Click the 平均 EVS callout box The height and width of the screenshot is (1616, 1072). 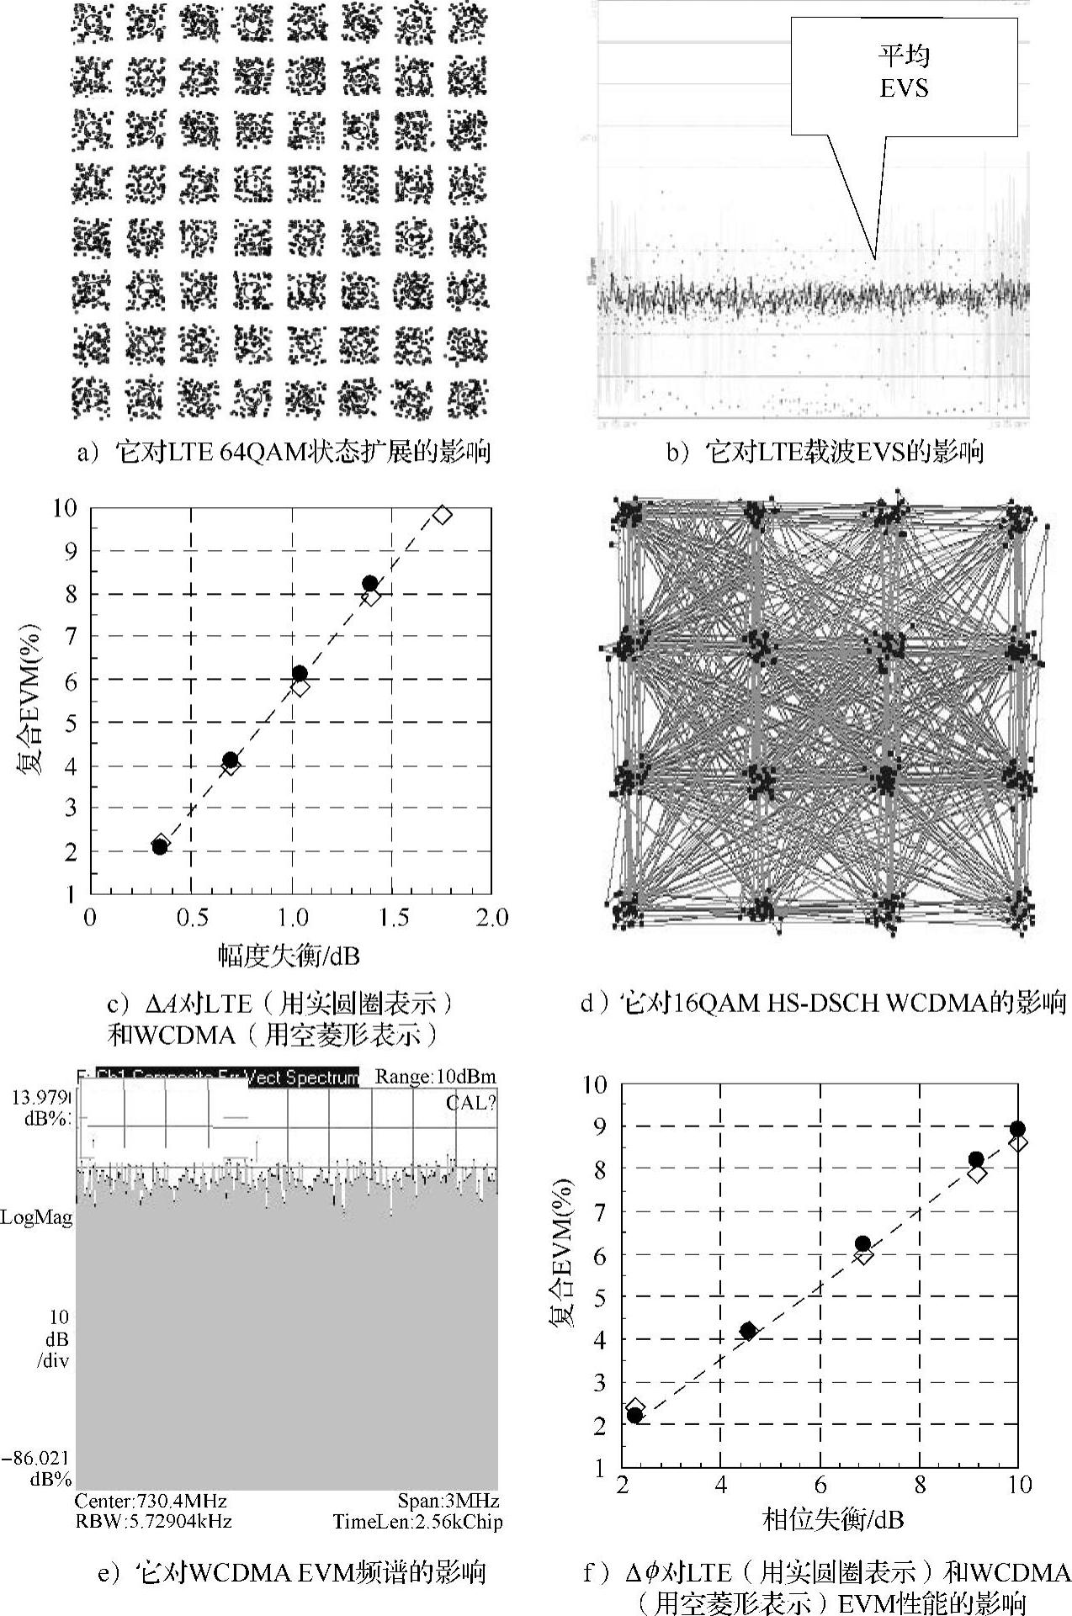[904, 76]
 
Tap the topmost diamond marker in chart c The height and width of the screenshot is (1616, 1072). [443, 515]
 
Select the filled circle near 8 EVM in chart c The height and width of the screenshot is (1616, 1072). [369, 583]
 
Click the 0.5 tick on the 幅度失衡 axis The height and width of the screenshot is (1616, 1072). [192, 917]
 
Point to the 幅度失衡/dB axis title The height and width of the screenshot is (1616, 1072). [289, 955]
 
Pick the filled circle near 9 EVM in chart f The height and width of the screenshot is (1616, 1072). [1017, 1129]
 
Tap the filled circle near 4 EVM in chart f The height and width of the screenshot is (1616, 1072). [747, 1330]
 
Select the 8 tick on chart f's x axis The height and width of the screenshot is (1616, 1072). [920, 1485]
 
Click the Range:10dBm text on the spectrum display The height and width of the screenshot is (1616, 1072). [435, 1076]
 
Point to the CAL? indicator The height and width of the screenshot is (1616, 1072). [471, 1103]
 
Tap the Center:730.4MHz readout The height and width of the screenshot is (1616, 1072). [151, 1501]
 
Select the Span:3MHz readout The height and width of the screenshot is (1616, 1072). [448, 1501]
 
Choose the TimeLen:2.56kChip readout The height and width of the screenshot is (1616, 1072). [417, 1521]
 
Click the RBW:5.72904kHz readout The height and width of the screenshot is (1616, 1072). [153, 1521]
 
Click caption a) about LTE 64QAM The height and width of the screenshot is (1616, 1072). [284, 453]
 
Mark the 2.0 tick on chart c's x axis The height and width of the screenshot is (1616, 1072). [491, 917]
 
